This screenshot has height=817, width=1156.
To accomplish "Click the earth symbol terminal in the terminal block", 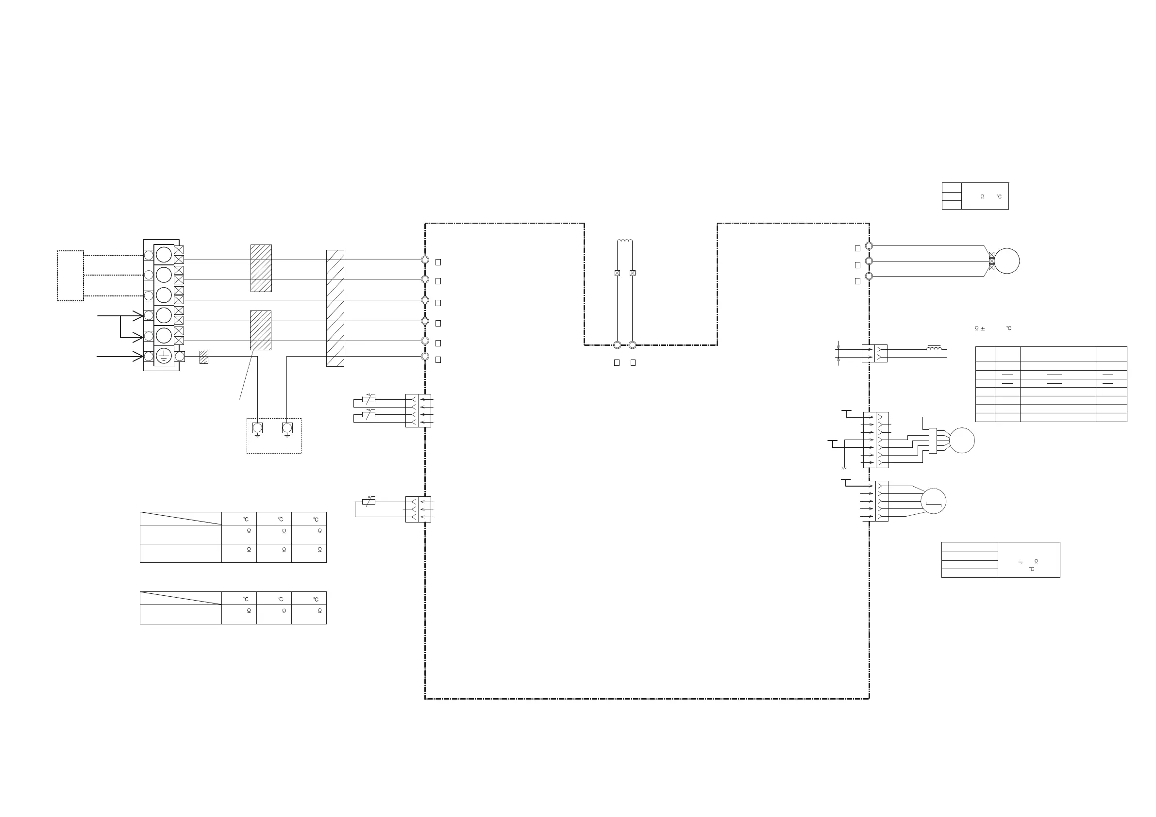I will [x=164, y=356].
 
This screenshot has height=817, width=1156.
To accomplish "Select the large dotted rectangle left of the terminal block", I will [x=70, y=276].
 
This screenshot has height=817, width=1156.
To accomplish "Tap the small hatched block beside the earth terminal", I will [x=204, y=357].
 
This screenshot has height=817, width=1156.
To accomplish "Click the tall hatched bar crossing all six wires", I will [x=335, y=308].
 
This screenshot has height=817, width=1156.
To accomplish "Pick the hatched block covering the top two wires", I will [x=261, y=268].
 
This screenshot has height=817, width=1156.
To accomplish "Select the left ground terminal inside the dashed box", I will [x=257, y=428].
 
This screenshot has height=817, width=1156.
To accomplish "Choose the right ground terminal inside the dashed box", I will [x=287, y=428].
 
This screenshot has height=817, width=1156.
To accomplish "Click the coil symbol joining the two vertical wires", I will [x=625, y=242].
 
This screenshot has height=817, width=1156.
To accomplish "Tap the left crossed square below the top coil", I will [x=617, y=273].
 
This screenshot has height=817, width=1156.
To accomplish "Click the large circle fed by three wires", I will [x=1006, y=261].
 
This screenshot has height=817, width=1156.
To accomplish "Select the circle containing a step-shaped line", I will [x=934, y=501].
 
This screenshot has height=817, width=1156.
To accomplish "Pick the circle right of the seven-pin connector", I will [x=962, y=440].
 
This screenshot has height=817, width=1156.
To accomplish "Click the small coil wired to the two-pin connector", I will [x=935, y=348].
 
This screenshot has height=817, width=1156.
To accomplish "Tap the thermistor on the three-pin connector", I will [x=369, y=502].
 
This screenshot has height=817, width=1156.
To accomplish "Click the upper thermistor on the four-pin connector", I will [x=369, y=399].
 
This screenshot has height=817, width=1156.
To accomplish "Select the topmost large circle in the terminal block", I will [x=164, y=255].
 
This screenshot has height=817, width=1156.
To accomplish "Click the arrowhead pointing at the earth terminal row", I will [x=137, y=356].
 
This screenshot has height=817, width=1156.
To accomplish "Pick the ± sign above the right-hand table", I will [x=983, y=328].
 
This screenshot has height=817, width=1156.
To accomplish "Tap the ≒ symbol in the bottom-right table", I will [x=1021, y=561].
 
